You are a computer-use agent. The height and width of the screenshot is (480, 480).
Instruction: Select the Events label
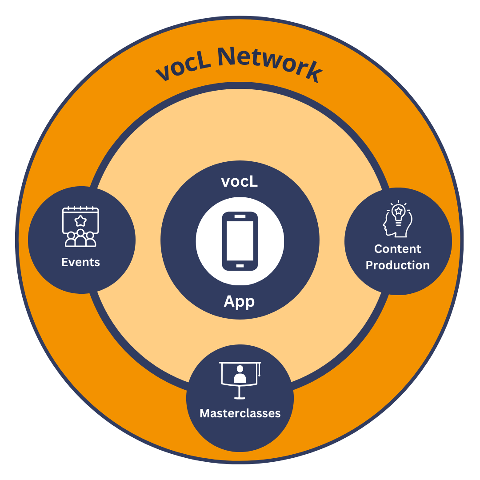pyautogui.click(x=80, y=262)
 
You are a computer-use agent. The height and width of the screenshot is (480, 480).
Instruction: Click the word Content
pyautogui.click(x=398, y=249)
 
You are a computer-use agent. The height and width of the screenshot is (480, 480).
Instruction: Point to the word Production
pyautogui.click(x=398, y=265)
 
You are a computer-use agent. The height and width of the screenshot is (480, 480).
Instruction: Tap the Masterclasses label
pyautogui.click(x=240, y=413)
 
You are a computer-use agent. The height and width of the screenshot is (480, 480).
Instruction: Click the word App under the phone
pyautogui.click(x=240, y=301)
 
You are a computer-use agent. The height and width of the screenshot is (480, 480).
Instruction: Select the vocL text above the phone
pyautogui.click(x=240, y=181)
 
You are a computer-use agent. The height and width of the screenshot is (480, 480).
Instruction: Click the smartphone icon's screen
pyautogui.click(x=240, y=240)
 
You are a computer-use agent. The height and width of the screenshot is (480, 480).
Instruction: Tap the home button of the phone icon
pyautogui.click(x=240, y=266)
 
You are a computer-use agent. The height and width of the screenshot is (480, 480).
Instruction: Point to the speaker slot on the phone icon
pyautogui.click(x=240, y=216)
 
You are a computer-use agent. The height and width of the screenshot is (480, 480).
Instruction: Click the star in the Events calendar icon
pyautogui.click(x=80, y=220)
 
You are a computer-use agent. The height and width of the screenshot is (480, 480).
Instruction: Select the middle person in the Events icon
pyautogui.click(x=80, y=238)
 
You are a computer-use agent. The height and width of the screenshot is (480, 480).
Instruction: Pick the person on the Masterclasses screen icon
pyautogui.click(x=240, y=374)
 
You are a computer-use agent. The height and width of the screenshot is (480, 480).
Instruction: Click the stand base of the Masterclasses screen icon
pyautogui.click(x=240, y=397)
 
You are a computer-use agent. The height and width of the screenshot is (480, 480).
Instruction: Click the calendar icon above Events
pyautogui.click(x=80, y=226)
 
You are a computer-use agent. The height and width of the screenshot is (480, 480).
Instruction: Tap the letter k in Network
pyautogui.click(x=314, y=74)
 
